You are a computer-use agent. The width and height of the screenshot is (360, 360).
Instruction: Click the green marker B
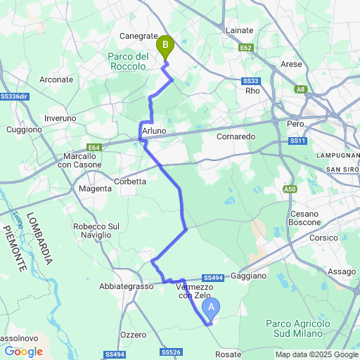[x=165, y=47]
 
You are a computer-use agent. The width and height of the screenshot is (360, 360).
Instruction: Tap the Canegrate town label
[x=138, y=35]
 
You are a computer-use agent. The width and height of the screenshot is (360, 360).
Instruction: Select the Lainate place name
[x=239, y=31]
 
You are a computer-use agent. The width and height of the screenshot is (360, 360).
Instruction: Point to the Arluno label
[x=154, y=131]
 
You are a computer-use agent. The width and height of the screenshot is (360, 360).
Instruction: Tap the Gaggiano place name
[x=247, y=276]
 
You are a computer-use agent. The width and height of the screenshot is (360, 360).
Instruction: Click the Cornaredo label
[x=236, y=136]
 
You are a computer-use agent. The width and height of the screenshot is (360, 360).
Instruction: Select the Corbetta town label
[x=129, y=181]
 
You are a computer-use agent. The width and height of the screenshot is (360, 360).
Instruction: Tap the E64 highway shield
[x=94, y=148]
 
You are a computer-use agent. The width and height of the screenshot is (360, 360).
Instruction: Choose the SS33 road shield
[x=251, y=81]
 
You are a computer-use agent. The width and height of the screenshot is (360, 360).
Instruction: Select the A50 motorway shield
[x=290, y=189]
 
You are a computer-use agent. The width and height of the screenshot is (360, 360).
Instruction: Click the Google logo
[x=23, y=352]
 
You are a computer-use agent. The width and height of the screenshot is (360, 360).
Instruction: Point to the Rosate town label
[x=228, y=354]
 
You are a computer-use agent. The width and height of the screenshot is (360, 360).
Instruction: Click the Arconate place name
[x=56, y=80]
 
